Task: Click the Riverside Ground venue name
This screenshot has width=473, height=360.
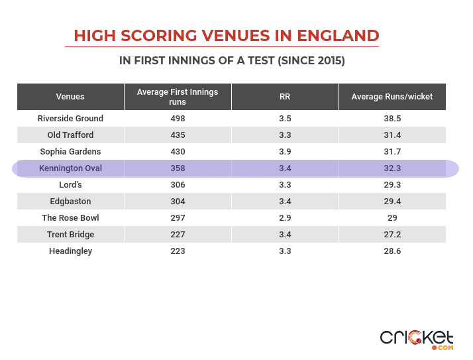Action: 70,119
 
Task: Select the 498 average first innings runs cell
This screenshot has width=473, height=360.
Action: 178,119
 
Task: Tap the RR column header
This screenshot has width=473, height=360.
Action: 285,97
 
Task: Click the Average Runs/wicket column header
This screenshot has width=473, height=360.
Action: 392,97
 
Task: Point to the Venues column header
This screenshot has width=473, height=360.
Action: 70,97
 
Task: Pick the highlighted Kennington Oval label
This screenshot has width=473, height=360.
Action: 70,168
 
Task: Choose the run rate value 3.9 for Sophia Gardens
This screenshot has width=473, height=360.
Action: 285,152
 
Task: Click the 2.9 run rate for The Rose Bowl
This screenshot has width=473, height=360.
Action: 285,218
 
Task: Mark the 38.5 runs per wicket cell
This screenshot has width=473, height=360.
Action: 392,119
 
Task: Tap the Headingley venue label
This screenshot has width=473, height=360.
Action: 70,251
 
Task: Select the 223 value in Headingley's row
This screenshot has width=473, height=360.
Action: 178,251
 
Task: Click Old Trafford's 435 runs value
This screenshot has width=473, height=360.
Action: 178,135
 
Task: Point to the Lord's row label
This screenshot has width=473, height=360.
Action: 70,185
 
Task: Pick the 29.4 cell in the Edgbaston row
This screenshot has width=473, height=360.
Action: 392,202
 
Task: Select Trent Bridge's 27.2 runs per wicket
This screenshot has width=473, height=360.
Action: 392,235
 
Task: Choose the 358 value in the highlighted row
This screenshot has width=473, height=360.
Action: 178,168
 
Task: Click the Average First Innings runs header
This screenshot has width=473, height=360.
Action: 178,97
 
